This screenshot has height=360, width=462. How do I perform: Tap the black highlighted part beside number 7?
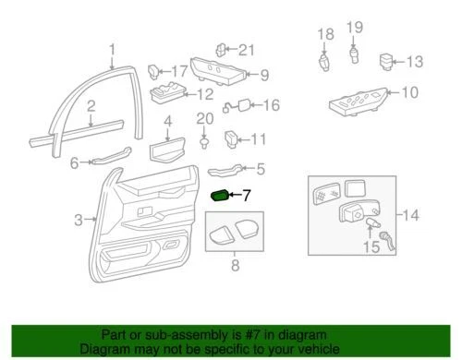[222, 195]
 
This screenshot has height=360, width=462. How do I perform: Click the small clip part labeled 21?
[222, 49]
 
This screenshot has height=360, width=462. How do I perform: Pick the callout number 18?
[324, 35]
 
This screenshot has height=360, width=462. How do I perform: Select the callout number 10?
[409, 91]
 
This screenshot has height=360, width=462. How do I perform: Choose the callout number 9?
[263, 76]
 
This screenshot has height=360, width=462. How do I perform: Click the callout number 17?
[178, 70]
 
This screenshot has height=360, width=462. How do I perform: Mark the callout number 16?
[270, 105]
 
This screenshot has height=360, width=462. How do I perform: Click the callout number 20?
[204, 118]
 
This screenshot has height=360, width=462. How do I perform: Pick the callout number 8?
[235, 265]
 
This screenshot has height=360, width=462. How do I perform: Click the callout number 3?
[79, 219]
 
